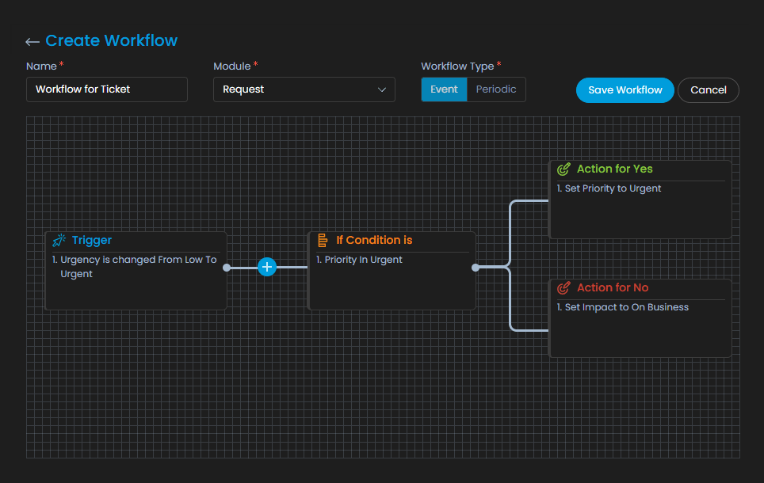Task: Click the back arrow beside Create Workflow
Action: (x=32, y=42)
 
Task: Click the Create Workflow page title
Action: (x=112, y=40)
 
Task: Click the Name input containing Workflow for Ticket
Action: (x=107, y=89)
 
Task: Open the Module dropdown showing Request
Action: (x=304, y=89)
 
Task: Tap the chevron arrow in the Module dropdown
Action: (x=382, y=89)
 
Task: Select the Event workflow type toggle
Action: (x=444, y=89)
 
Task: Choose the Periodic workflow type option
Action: (x=496, y=89)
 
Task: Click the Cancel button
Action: (x=709, y=90)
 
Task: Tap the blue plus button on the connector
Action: (x=267, y=267)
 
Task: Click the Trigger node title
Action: (x=92, y=240)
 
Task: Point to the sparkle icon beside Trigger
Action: (x=59, y=240)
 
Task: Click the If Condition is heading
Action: (x=374, y=240)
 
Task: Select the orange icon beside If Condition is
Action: (x=323, y=240)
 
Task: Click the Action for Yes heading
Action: (x=615, y=169)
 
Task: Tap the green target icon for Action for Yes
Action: (x=563, y=169)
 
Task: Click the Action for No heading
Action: (x=613, y=287)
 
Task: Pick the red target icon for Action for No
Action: (x=563, y=287)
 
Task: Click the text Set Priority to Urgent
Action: (x=613, y=188)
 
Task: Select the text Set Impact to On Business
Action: (x=627, y=307)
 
